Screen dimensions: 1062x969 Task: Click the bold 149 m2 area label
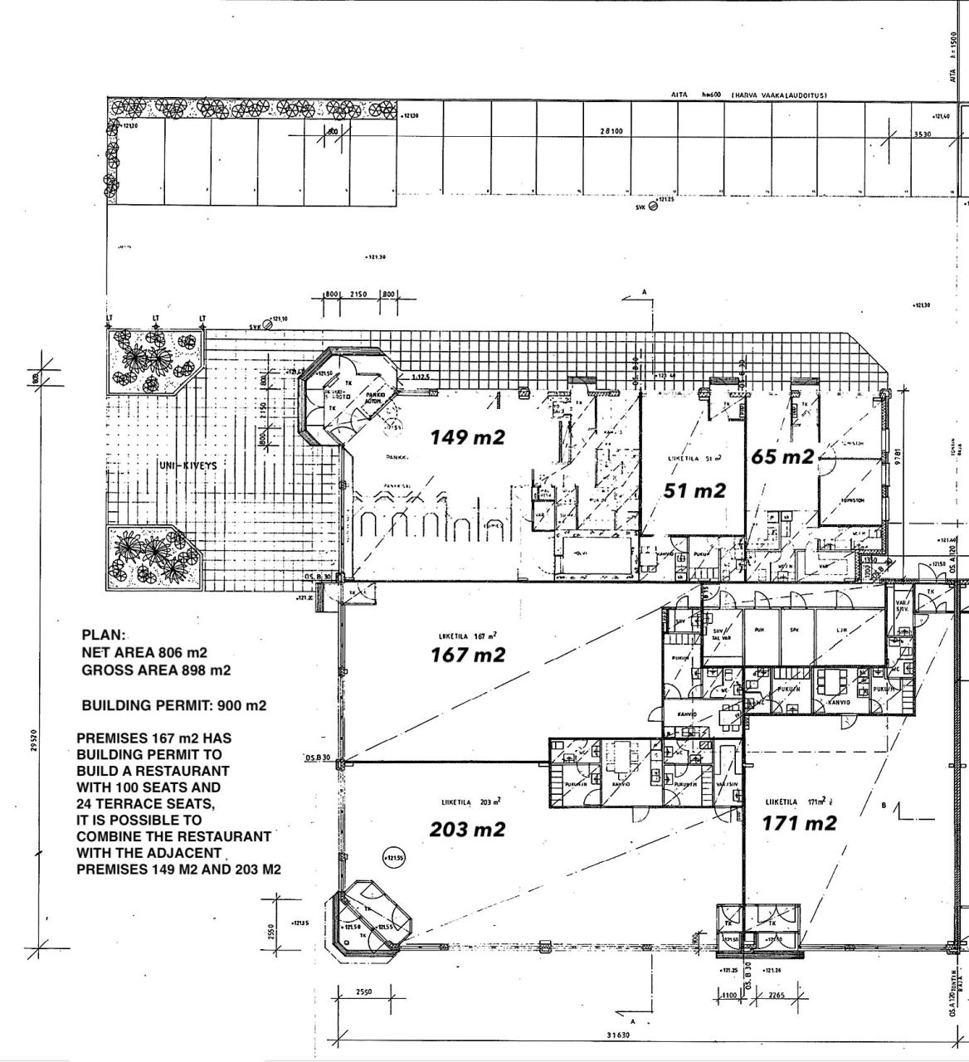pos(467,436)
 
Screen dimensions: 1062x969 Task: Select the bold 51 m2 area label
pos(695,491)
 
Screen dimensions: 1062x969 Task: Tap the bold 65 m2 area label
pos(782,456)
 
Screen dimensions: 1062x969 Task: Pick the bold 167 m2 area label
pos(467,655)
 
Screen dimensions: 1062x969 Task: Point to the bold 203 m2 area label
pos(467,829)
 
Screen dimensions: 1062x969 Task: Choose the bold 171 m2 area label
pos(799,823)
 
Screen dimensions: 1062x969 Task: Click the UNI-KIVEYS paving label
pos(187,465)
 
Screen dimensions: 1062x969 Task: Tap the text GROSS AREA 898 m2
pos(156,670)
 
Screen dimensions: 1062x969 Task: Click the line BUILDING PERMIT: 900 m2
pos(174,706)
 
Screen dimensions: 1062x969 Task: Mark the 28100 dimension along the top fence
pos(611,131)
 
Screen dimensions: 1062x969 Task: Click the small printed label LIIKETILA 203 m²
pos(470,801)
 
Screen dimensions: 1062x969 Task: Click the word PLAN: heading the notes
pos(104,636)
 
